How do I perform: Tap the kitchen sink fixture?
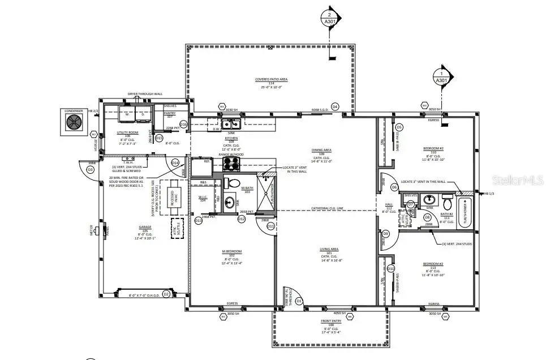(x=231, y=124)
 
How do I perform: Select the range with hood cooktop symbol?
(x=231, y=164)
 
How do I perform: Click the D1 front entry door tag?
(x=299, y=301)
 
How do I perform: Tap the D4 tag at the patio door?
(x=334, y=106)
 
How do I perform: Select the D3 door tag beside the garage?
(x=90, y=169)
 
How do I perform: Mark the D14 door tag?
(x=175, y=162)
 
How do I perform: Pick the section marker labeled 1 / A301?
(x=441, y=76)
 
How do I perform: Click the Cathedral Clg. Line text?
(x=326, y=209)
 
